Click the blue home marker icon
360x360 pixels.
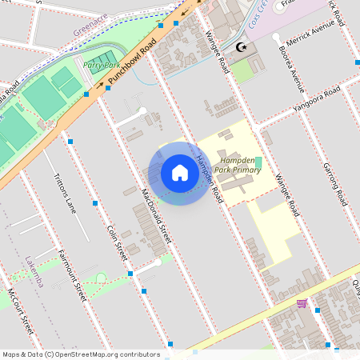tap(180, 173)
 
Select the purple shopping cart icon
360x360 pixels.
tap(302, 303)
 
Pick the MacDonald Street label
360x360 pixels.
tap(156, 216)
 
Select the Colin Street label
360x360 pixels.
tap(118, 242)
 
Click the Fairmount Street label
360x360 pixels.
tap(71, 274)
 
